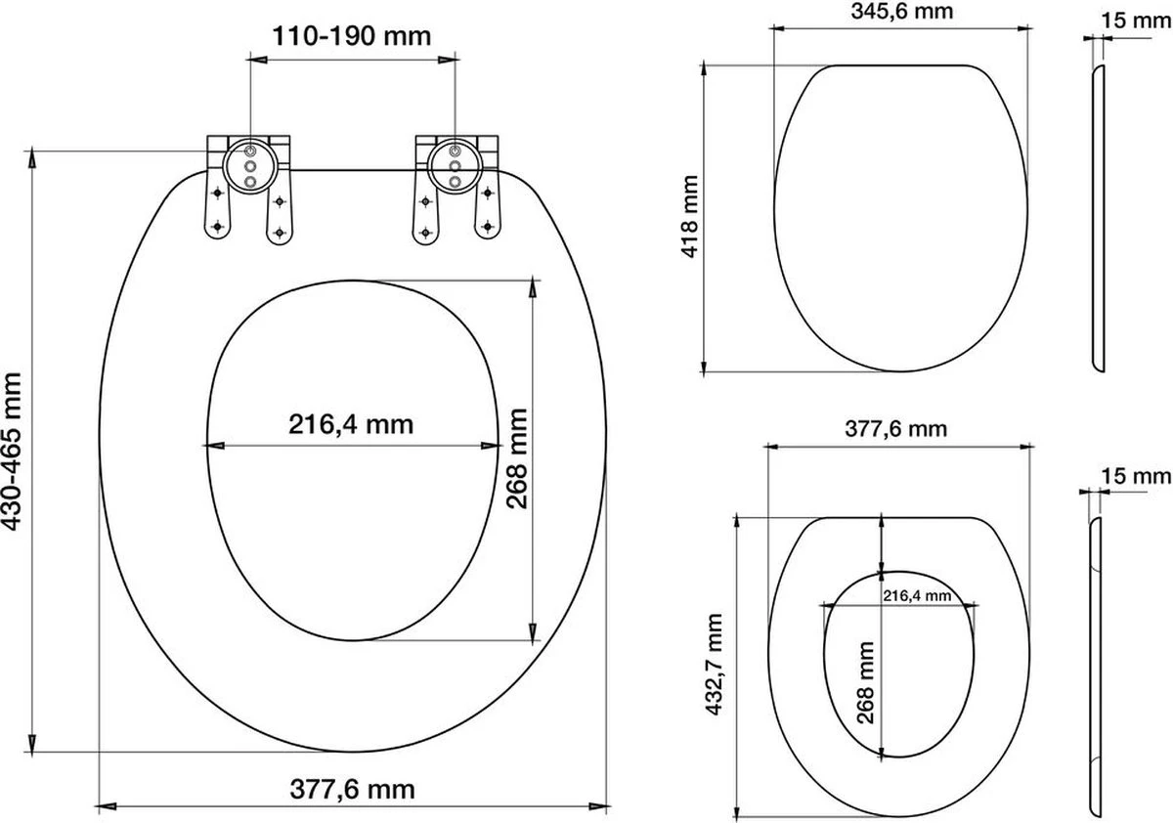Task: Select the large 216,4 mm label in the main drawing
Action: [350, 424]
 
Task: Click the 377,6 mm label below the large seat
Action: [350, 788]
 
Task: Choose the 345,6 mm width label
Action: [898, 12]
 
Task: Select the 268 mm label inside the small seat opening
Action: [865, 681]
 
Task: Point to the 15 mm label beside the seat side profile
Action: [1146, 476]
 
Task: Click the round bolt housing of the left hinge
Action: [248, 161]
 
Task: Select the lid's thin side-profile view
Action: [1097, 220]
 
